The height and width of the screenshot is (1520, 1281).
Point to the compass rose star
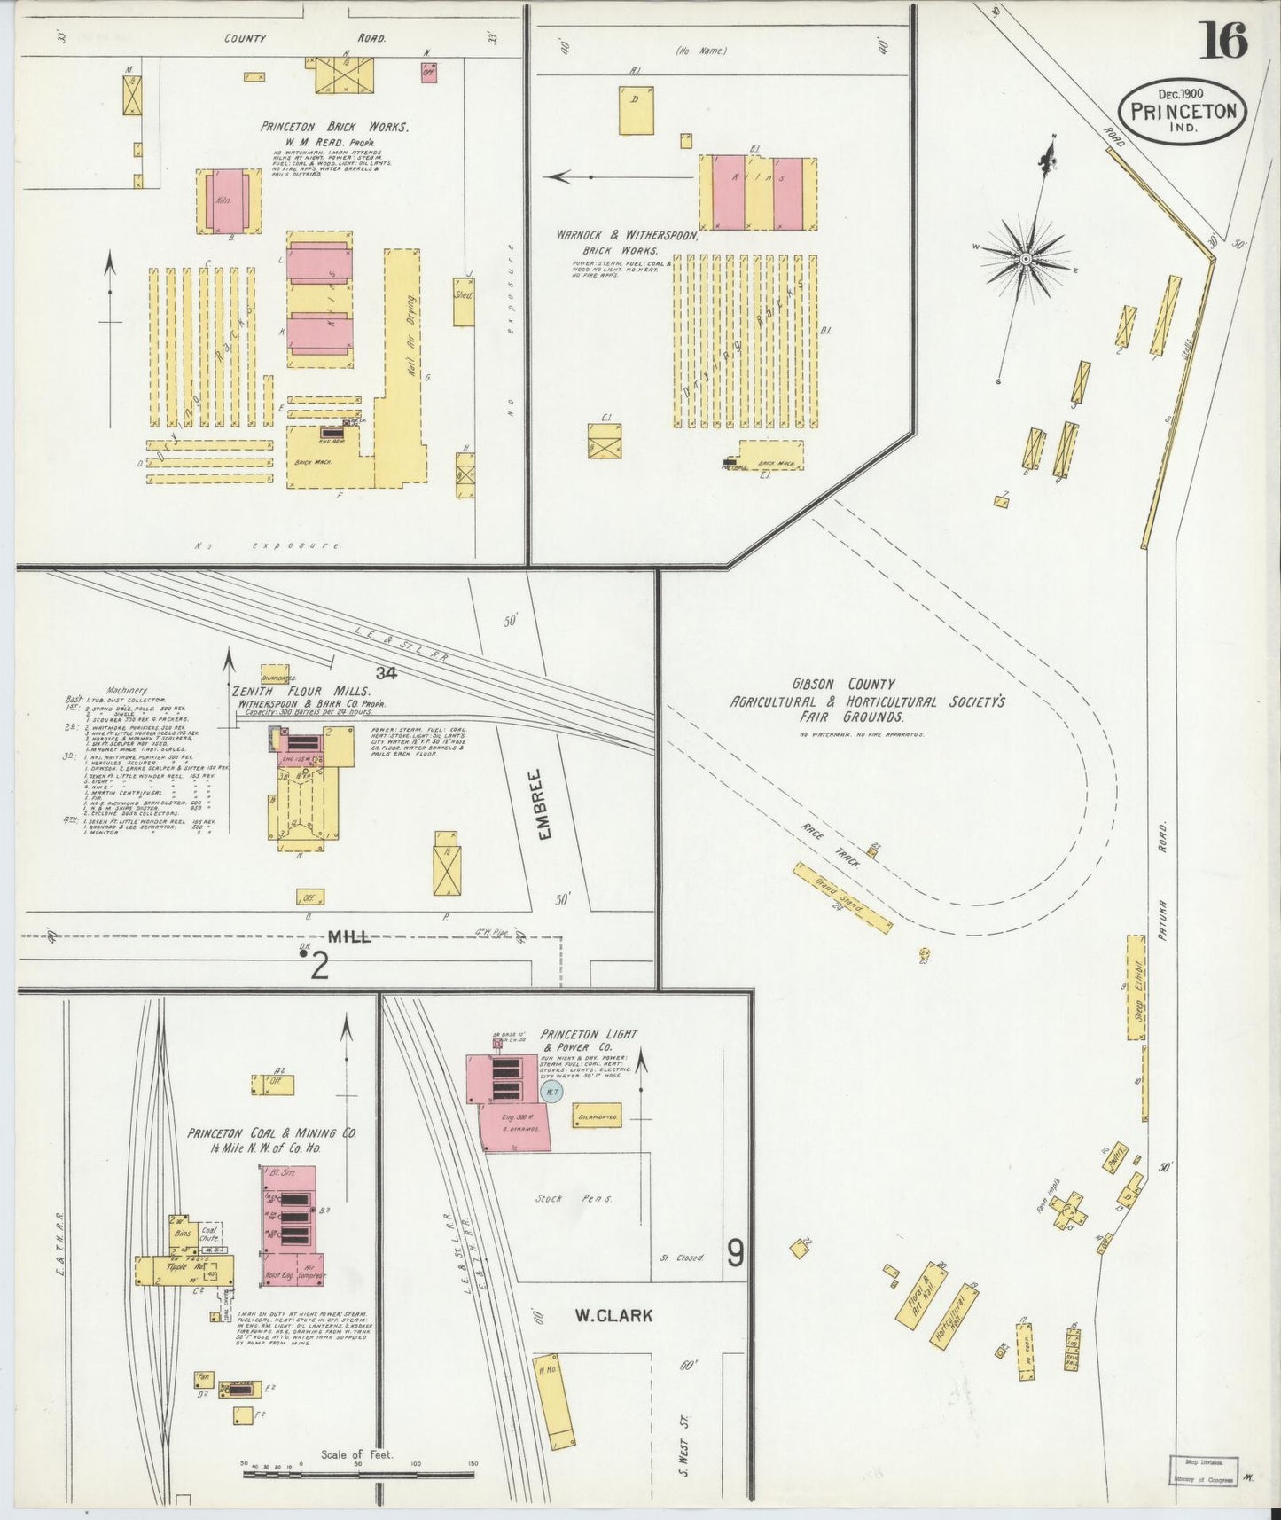[1026, 258]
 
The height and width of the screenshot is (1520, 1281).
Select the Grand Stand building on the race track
[842, 897]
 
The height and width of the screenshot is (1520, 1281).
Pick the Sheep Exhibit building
[1136, 986]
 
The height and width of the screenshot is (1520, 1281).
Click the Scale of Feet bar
[360, 1474]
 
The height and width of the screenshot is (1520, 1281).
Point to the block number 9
[735, 1252]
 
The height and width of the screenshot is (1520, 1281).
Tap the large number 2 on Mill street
[319, 966]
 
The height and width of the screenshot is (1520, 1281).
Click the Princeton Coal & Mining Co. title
[271, 1133]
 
